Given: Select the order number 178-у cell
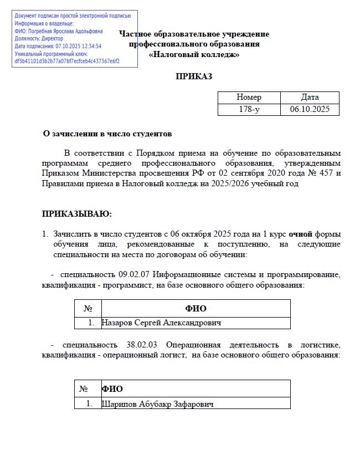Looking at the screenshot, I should coord(249,110).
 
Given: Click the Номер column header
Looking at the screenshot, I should coord(249,98).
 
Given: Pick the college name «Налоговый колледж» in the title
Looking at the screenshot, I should coord(194,55).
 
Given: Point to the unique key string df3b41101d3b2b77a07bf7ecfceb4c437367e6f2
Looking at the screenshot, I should coord(67,62).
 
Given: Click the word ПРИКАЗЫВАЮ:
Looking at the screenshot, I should coord(77,213).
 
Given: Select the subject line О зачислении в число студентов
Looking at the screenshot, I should coord(107,134).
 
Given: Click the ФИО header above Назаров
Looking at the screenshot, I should coord(196,308).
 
